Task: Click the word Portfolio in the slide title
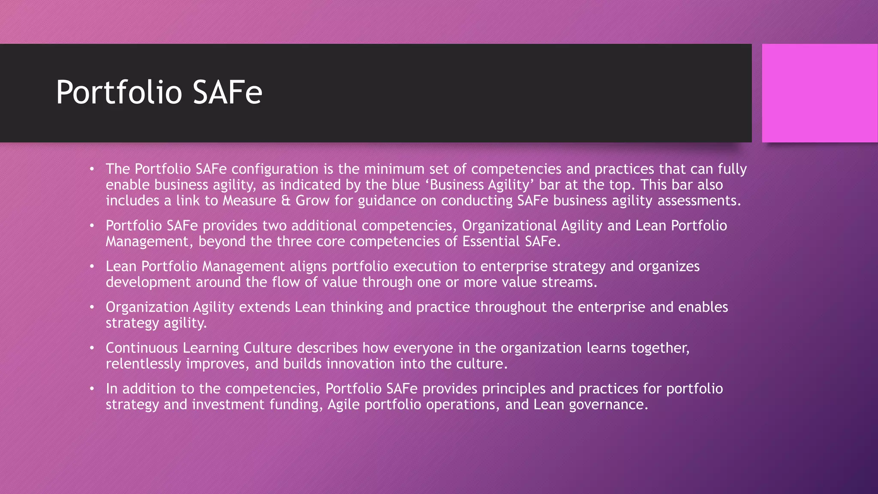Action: click(119, 93)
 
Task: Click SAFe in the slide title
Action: click(227, 93)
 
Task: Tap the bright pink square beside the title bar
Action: click(820, 93)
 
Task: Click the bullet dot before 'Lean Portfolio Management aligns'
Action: click(92, 267)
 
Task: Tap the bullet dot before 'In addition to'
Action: click(92, 389)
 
